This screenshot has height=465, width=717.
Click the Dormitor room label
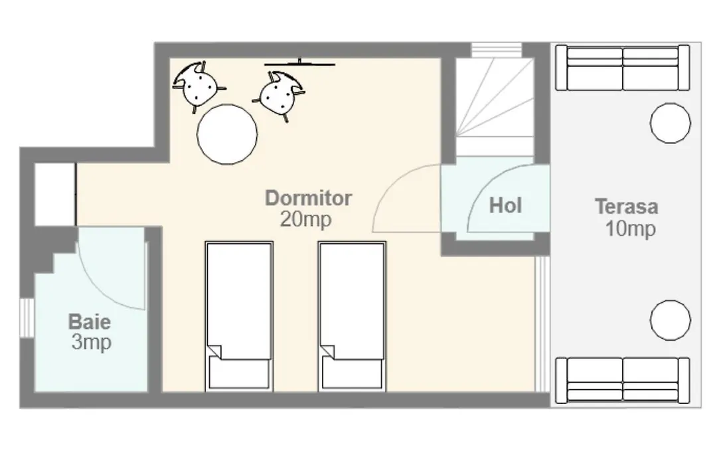click(309, 198)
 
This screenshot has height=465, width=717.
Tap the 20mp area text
click(305, 220)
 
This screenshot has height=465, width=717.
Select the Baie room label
click(90, 322)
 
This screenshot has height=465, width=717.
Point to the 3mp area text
click(91, 342)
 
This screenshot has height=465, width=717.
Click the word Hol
click(505, 205)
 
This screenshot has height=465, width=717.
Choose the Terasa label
click(627, 207)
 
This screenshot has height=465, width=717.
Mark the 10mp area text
click(631, 229)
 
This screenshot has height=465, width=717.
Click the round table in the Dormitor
click(227, 134)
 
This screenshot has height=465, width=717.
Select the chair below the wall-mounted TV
click(279, 94)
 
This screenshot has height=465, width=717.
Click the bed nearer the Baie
click(239, 317)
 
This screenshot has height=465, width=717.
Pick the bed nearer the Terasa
click(352, 317)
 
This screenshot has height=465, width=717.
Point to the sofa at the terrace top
click(622, 68)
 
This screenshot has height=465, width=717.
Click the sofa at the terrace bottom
click(622, 381)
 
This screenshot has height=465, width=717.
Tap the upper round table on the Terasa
click(671, 123)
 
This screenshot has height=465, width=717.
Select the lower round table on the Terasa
click(671, 320)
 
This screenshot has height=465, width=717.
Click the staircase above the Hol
click(495, 107)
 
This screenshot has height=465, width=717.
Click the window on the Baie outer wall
click(27, 318)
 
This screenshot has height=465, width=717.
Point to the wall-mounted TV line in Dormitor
click(299, 64)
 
